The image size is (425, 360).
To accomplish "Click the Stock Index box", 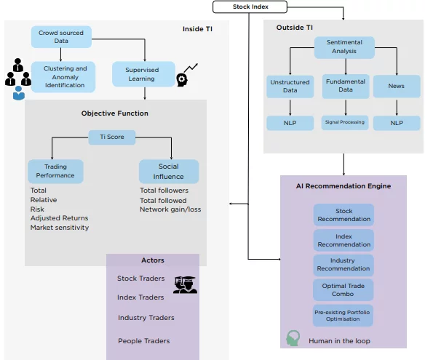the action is click(x=250, y=7).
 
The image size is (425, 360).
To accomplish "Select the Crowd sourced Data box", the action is click(x=61, y=37).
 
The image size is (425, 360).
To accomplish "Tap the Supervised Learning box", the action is click(x=143, y=74).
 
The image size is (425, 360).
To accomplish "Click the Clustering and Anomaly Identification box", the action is click(x=63, y=77).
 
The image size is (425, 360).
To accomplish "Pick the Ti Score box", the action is click(x=112, y=137).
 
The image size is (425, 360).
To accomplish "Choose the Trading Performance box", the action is click(x=55, y=171).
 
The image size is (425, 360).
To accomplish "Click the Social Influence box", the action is click(x=169, y=172).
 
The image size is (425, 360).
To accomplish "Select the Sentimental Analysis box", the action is click(x=344, y=47).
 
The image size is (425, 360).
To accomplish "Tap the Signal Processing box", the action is click(x=345, y=123).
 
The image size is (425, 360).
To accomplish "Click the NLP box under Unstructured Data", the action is click(x=290, y=123).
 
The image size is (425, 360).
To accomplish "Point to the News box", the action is click(x=397, y=86).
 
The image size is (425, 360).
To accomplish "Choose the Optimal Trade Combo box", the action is click(x=343, y=290).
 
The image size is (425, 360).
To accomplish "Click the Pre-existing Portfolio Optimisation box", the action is click(x=343, y=316).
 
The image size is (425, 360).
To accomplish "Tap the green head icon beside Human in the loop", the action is click(x=293, y=337).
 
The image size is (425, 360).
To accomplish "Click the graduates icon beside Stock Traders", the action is click(x=186, y=284).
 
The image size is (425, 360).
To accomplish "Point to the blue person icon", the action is click(x=19, y=93).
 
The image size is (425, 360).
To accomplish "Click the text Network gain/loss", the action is click(x=170, y=209).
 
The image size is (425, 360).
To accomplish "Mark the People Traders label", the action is click(x=144, y=341).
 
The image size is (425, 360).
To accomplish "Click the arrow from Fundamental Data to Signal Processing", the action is click(x=346, y=107).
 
